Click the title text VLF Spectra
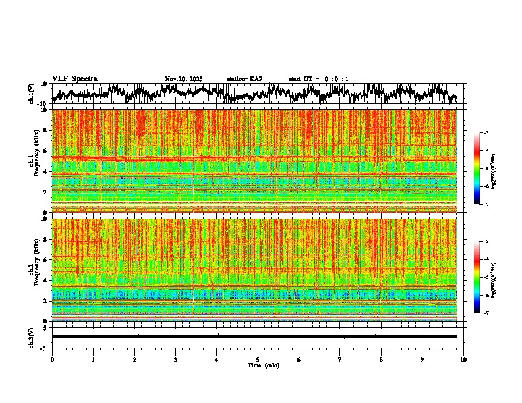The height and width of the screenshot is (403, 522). [x=74, y=78]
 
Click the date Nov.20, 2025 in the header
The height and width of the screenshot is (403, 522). [x=183, y=79]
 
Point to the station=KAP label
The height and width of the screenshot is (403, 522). [x=244, y=79]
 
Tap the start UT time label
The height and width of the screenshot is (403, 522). [x=318, y=79]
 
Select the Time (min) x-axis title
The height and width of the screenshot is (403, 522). [x=263, y=365]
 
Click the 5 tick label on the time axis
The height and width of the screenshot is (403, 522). [x=258, y=359]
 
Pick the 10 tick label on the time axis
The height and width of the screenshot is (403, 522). [x=463, y=359]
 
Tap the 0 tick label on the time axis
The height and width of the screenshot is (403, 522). [x=52, y=359]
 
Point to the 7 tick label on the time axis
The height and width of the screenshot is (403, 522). [x=340, y=359]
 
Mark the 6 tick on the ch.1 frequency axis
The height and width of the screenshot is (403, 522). [x=46, y=151]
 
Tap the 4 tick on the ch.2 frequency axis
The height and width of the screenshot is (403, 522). [x=46, y=280]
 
